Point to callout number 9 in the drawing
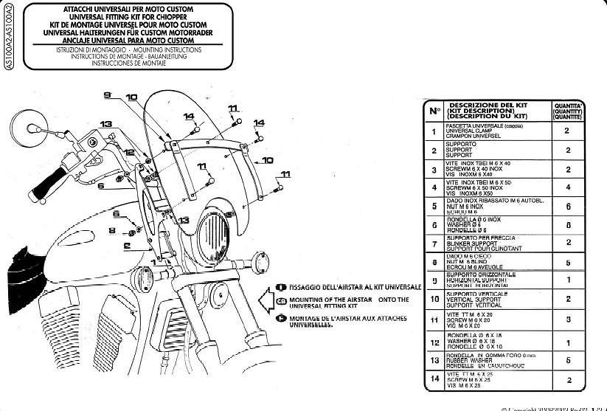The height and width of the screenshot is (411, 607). (x=106, y=94)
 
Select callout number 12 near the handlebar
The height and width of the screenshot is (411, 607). (x=128, y=151)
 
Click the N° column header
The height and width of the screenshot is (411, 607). (x=434, y=111)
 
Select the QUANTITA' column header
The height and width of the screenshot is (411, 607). (x=566, y=111)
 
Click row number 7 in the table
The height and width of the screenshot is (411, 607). (x=434, y=243)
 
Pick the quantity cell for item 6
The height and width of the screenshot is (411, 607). (x=566, y=224)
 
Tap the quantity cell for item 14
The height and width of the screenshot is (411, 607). (x=566, y=380)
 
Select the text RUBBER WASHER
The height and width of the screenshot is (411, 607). (x=470, y=361)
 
